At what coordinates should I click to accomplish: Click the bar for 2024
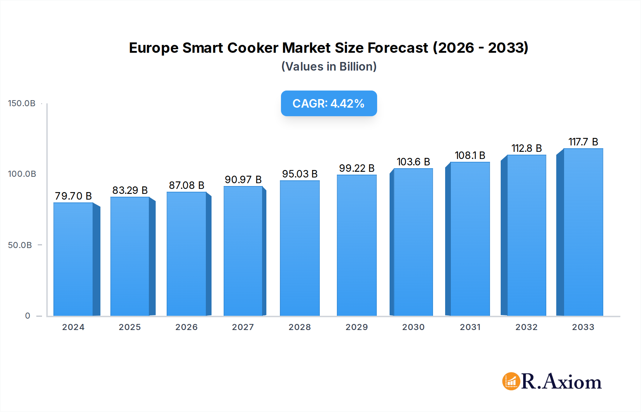pyautogui.click(x=73, y=259)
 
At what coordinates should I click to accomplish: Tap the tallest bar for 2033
pyautogui.click(x=583, y=232)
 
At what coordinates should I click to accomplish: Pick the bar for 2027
pyautogui.click(x=243, y=251)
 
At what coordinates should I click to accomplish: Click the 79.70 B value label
pyautogui.click(x=73, y=196)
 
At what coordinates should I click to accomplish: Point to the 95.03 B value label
pyautogui.click(x=300, y=174)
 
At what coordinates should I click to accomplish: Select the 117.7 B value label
pyautogui.click(x=583, y=142)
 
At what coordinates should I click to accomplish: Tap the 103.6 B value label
pyautogui.click(x=413, y=162)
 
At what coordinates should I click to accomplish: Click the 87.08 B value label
pyautogui.click(x=187, y=185)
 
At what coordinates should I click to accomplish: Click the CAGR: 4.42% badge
pyautogui.click(x=329, y=103)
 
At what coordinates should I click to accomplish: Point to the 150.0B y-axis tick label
pyautogui.click(x=22, y=103)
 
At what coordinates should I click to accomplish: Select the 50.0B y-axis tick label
pyautogui.click(x=20, y=245)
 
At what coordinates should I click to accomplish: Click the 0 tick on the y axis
pyautogui.click(x=28, y=316)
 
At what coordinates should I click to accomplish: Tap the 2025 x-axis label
pyautogui.click(x=130, y=327)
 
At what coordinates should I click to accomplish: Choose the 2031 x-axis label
pyautogui.click(x=470, y=327)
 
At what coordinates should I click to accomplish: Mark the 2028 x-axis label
pyautogui.click(x=300, y=327)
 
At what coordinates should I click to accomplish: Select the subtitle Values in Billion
pyautogui.click(x=329, y=67)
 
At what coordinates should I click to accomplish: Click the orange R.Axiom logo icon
pyautogui.click(x=511, y=381)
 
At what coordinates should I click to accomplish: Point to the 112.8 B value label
pyautogui.click(x=527, y=148)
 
